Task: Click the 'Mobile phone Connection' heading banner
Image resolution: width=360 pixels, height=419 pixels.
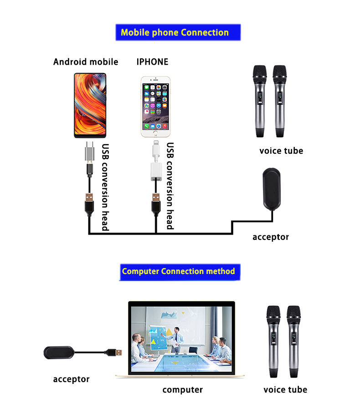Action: click(175, 33)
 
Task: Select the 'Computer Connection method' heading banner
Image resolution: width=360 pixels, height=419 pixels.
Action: click(178, 271)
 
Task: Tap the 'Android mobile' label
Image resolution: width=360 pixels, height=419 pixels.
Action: click(86, 62)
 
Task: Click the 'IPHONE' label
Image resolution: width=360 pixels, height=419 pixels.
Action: click(152, 62)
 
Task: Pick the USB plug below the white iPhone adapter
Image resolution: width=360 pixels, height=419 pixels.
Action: click(156, 201)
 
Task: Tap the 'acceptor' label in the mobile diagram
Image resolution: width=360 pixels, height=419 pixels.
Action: click(271, 237)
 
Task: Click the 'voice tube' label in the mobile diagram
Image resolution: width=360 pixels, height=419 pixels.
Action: click(281, 151)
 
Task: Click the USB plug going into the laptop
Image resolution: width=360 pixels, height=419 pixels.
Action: click(113, 352)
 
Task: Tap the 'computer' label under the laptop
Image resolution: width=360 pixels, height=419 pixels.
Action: click(183, 390)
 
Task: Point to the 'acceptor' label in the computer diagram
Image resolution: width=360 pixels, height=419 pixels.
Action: click(72, 379)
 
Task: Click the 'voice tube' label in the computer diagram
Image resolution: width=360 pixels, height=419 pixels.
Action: click(285, 390)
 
